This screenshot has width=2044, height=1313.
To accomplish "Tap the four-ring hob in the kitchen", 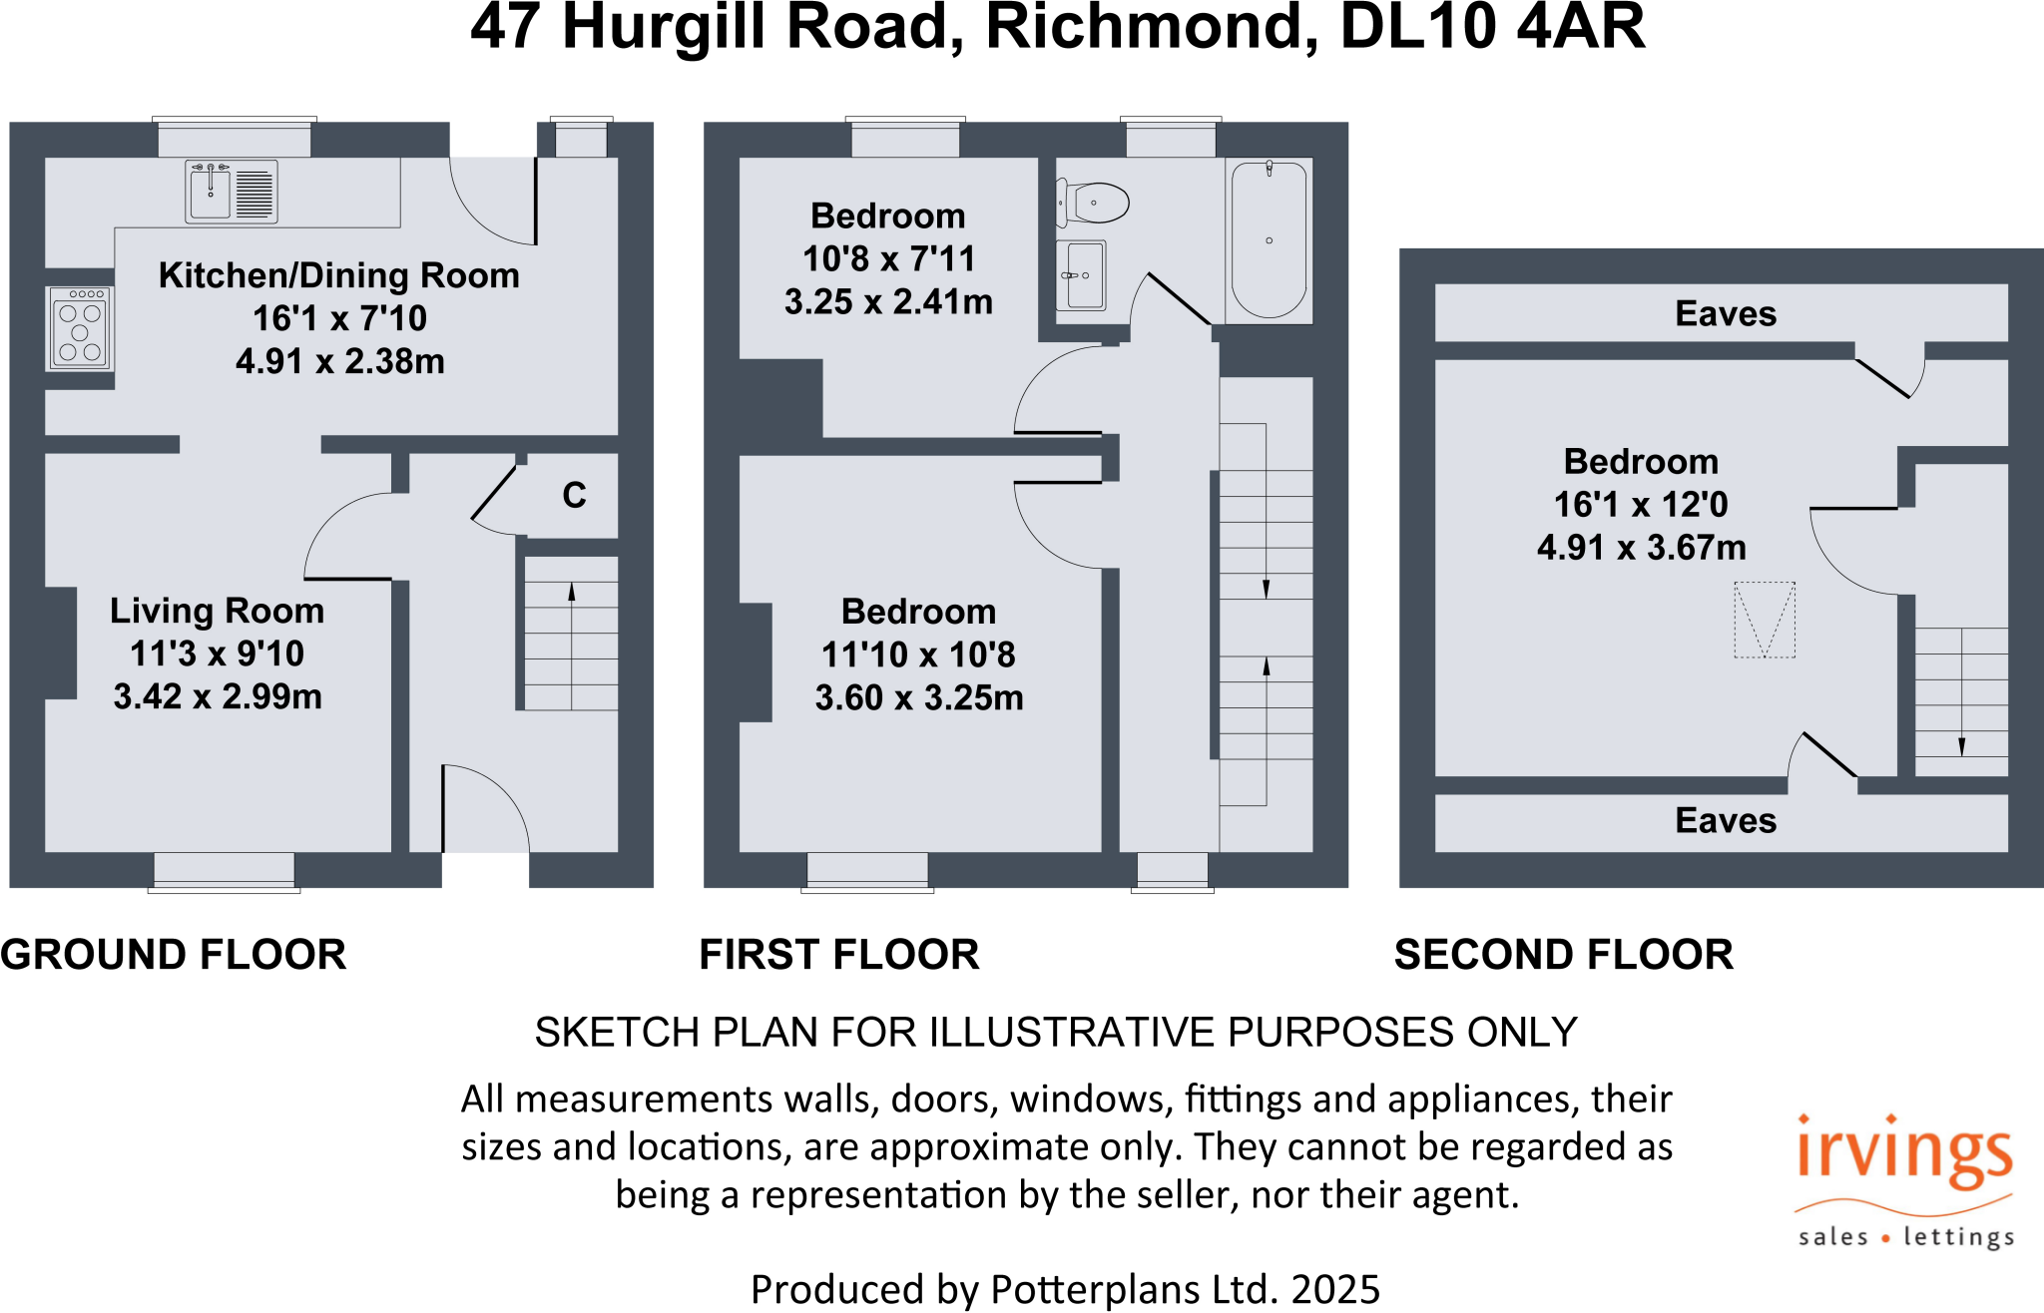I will coord(80,328).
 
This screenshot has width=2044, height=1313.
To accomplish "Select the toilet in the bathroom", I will coord(1094,203).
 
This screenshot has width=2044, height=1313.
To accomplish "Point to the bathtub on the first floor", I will coord(1269,240).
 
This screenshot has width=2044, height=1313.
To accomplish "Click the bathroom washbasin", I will coord(1081,275).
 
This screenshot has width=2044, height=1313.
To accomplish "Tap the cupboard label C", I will coord(574,496).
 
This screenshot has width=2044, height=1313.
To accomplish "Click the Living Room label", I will coord(217,611).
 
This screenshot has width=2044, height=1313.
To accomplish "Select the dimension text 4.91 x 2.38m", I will coord(340,361).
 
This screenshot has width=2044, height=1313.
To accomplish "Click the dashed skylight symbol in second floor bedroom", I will coord(1765,620).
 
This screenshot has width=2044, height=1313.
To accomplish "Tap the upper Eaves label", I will coord(1725,313).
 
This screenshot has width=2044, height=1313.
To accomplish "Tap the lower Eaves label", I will coord(1725,820).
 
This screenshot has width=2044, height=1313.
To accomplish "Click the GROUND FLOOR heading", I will coord(174,955).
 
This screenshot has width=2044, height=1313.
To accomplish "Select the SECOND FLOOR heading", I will coord(1563,955).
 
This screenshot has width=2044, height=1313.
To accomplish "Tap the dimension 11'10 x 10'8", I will coord(918,655).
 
